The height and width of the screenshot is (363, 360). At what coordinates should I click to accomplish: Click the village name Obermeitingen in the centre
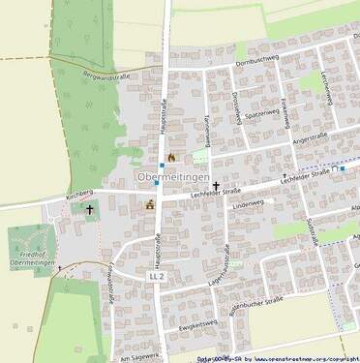173,178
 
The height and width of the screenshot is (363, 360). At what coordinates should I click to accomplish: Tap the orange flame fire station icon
172,157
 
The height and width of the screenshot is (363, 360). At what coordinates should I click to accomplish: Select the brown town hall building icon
150,204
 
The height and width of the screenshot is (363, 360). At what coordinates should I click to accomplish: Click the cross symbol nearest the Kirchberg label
91,208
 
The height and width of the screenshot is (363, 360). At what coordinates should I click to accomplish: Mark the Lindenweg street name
249,205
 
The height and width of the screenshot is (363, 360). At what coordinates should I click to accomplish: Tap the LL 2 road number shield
157,276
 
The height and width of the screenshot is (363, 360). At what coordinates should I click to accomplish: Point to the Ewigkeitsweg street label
197,324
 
